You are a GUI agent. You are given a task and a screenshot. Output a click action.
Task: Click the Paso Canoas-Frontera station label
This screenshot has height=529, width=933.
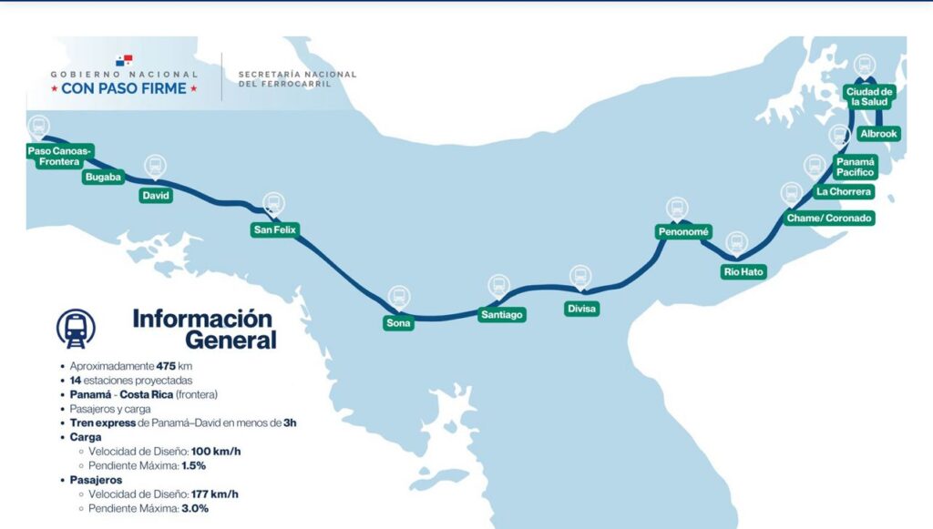pyautogui.click(x=60, y=156)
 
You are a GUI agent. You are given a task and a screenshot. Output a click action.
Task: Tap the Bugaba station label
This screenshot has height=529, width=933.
pyautogui.click(x=102, y=177)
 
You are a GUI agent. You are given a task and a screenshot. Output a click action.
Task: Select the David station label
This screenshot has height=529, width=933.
pyautogui.click(x=155, y=195)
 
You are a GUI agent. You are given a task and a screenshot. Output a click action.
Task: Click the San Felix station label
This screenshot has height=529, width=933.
pyautogui.click(x=274, y=230)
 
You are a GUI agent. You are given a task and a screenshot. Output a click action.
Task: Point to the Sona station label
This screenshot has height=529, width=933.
pyautogui.click(x=399, y=322)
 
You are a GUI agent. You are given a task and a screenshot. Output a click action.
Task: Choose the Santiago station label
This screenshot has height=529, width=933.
pyautogui.click(x=502, y=314)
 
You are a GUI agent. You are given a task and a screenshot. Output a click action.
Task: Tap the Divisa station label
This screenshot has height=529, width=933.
pyautogui.click(x=580, y=309)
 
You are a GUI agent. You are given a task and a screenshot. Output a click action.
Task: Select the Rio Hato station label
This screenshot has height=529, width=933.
pyautogui.click(x=743, y=271)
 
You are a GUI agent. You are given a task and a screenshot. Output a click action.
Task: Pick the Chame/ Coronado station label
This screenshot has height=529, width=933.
pyautogui.click(x=829, y=219)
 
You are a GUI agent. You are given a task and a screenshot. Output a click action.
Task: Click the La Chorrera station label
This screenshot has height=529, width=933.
pyautogui.click(x=845, y=192)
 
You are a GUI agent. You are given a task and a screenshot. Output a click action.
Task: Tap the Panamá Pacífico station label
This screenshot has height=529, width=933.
pyautogui.click(x=856, y=166)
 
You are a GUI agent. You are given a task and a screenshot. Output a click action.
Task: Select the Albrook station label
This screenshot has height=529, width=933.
pyautogui.click(x=878, y=134)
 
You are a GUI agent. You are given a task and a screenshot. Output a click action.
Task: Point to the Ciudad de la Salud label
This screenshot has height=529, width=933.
pyautogui.click(x=870, y=97)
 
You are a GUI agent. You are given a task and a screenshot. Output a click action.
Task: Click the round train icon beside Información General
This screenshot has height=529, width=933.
pyautogui.click(x=75, y=329)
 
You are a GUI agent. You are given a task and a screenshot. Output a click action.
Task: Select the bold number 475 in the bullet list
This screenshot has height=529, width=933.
pyautogui.click(x=166, y=365)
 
